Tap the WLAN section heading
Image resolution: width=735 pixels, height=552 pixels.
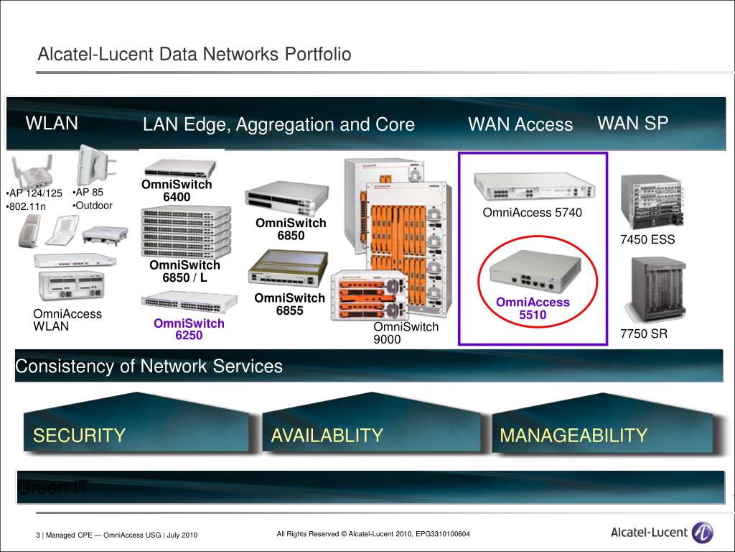[52, 124]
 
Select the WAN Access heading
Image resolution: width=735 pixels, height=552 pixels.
[520, 125]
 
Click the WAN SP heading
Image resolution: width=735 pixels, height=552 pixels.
[632, 124]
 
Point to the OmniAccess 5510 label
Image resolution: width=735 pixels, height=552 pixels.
[533, 308]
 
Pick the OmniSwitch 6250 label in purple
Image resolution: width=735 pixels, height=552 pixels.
[189, 329]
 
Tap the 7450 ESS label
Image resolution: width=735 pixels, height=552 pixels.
[647, 240]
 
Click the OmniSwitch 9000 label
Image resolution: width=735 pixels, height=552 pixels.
[406, 333]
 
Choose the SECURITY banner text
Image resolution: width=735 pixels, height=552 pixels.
[80, 436]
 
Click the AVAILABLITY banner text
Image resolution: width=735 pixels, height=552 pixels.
[327, 436]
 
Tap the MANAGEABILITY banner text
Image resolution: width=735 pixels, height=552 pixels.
[574, 436]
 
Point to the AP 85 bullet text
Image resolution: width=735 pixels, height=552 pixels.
[89, 193]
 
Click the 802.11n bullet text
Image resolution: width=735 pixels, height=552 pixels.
[27, 207]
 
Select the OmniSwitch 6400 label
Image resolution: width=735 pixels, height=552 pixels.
[177, 190]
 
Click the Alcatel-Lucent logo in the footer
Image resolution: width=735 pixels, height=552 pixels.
[661, 533]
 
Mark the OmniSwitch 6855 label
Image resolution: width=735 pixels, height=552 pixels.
[290, 304]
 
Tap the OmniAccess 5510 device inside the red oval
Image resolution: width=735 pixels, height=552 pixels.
[532, 272]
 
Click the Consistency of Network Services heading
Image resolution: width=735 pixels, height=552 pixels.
[149, 367]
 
